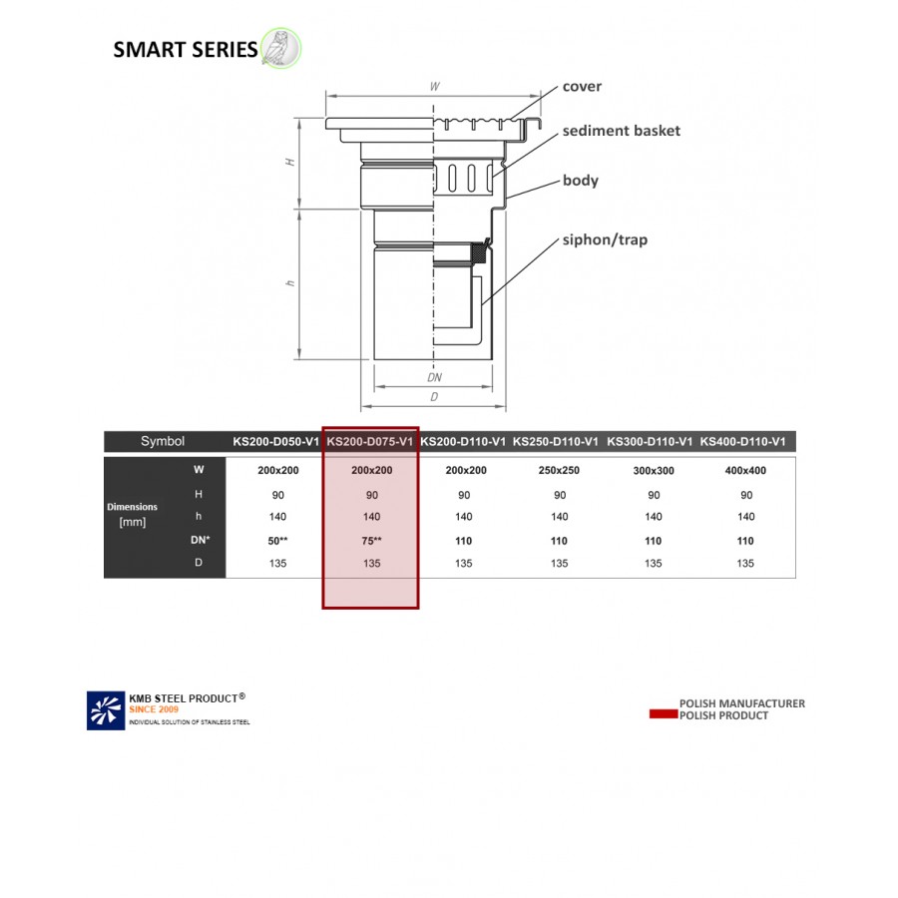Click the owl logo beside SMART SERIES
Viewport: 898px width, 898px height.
click(280, 48)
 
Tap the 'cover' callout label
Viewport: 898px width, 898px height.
click(582, 87)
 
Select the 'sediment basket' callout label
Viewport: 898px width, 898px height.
click(621, 131)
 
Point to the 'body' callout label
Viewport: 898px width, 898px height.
click(580, 181)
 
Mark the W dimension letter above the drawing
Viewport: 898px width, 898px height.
click(434, 87)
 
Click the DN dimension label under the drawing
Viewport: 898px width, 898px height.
click(434, 378)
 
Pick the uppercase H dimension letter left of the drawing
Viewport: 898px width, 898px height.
click(290, 162)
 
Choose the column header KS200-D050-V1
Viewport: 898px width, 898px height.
click(276, 441)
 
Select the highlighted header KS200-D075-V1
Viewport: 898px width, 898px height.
click(370, 441)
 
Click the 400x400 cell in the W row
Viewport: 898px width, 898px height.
click(745, 470)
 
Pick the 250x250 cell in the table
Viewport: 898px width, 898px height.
click(559, 470)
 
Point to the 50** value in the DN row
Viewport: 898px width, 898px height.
click(276, 541)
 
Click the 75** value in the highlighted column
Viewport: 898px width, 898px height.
click(371, 541)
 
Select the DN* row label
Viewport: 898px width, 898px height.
click(199, 541)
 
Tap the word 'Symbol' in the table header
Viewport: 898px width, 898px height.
click(163, 441)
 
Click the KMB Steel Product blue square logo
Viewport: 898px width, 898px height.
click(105, 708)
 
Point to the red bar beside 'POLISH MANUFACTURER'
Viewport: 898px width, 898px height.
click(663, 714)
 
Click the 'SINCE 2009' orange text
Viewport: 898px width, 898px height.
click(155, 709)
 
